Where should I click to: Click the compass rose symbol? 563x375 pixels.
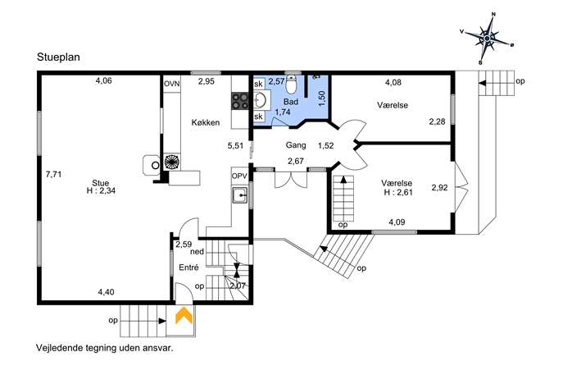click(x=487, y=38)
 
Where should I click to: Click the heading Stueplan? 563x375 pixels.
click(x=58, y=57)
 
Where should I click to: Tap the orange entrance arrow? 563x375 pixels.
click(x=184, y=315)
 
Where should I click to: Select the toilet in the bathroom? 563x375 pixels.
click(x=291, y=84)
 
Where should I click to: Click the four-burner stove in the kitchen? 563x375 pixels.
click(x=240, y=101)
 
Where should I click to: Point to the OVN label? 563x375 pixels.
click(x=171, y=84)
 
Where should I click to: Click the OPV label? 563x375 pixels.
click(x=239, y=176)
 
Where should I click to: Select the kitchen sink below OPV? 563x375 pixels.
click(x=240, y=195)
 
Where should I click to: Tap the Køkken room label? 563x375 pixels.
click(x=206, y=122)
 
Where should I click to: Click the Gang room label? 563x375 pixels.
click(x=296, y=145)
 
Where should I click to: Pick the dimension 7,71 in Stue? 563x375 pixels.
click(x=54, y=175)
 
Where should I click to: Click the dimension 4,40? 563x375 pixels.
click(x=107, y=292)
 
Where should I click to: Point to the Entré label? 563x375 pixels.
click(x=188, y=268)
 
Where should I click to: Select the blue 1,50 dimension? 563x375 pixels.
click(x=322, y=98)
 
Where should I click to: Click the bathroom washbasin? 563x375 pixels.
click(x=261, y=100)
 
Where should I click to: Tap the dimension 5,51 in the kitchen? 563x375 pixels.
click(x=235, y=145)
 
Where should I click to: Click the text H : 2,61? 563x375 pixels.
click(x=398, y=192)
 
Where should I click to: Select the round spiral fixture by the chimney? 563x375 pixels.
click(x=172, y=162)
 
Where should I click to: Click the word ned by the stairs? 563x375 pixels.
click(x=197, y=252)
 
